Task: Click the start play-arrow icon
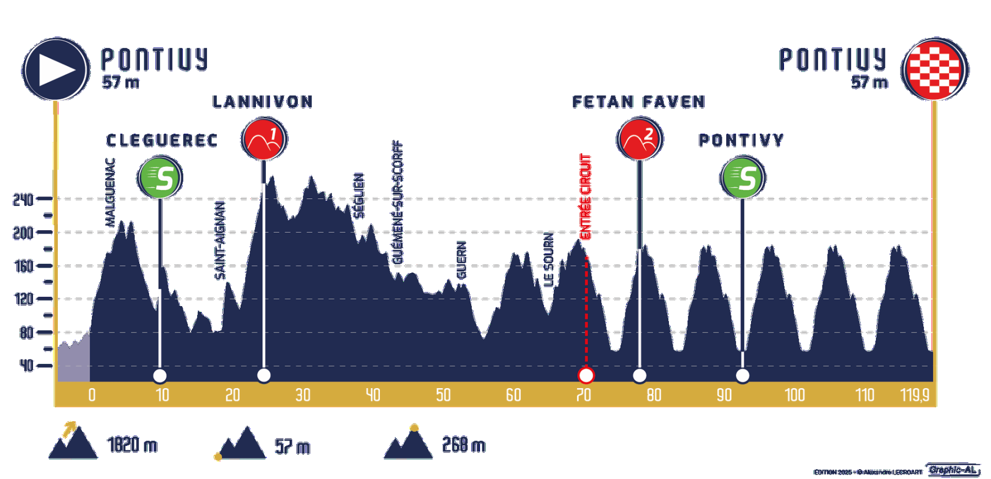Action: click(56, 70)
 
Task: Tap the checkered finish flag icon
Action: click(934, 70)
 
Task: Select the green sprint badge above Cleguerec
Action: click(160, 177)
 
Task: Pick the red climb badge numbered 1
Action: click(264, 139)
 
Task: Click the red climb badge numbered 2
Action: click(640, 139)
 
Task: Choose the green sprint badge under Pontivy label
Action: click(743, 177)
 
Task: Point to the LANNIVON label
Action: click(263, 102)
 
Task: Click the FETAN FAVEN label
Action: click(639, 102)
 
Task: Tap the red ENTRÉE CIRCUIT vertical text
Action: click(585, 197)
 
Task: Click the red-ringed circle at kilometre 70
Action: click(586, 375)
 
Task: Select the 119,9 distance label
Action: click(914, 395)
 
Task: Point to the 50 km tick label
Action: click(443, 395)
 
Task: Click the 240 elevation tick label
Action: click(23, 199)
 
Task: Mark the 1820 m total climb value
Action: click(132, 445)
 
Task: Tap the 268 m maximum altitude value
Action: click(464, 445)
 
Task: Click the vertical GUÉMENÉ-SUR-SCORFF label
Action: click(398, 202)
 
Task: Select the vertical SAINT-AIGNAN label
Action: click(220, 240)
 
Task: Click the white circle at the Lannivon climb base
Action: click(264, 375)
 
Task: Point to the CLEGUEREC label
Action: click(162, 141)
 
